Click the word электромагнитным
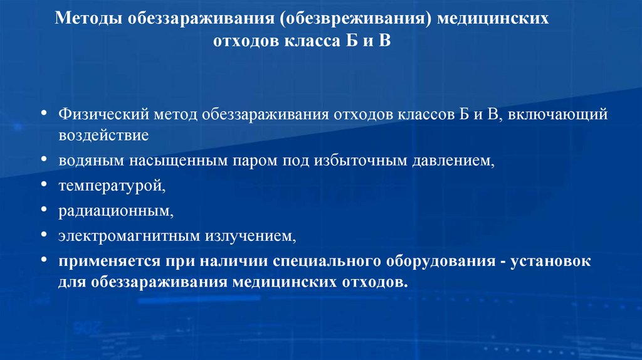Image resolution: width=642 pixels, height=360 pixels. click(129, 236)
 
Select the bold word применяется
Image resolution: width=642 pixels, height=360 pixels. click(104, 262)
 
